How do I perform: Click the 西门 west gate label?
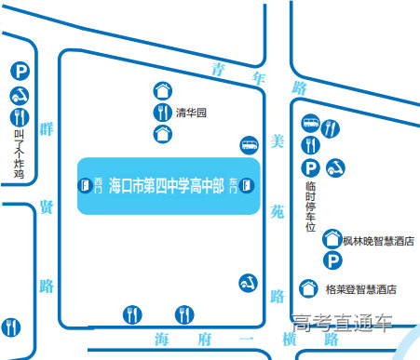[x=98, y=185]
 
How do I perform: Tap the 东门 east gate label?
[x=233, y=185]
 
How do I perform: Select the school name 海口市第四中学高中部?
[x=167, y=185]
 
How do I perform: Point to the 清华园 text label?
[x=190, y=113]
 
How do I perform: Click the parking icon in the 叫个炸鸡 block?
[x=19, y=72]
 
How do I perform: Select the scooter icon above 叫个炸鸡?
[x=19, y=94]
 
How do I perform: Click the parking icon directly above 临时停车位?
[x=311, y=167]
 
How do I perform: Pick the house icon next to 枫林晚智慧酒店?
[x=331, y=240]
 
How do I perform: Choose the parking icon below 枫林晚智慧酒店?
[x=331, y=261]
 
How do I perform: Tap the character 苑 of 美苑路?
[x=276, y=211]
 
